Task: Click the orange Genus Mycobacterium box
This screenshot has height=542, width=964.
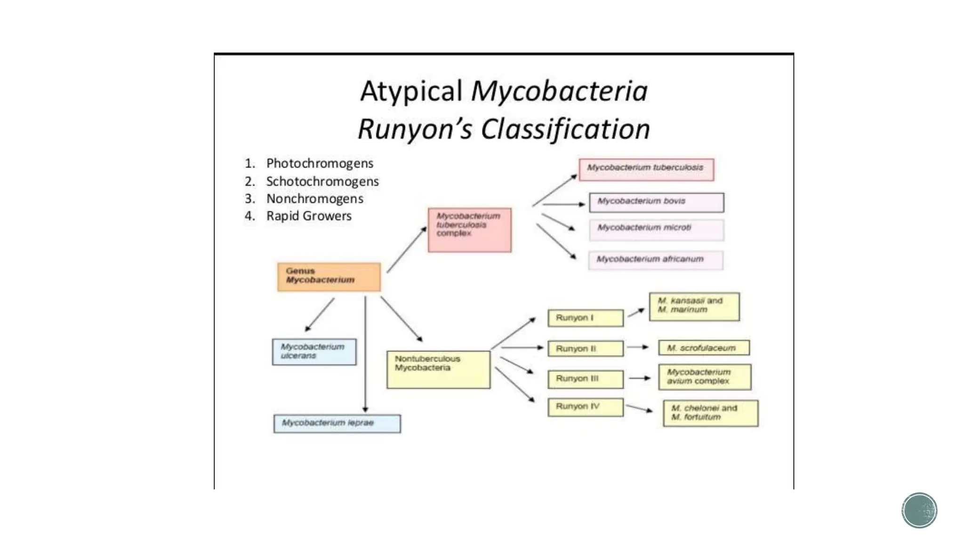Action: click(329, 277)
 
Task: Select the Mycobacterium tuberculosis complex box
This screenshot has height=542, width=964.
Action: click(469, 230)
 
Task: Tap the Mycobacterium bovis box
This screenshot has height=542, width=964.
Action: click(656, 202)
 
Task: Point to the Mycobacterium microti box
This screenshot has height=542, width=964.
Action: click(656, 230)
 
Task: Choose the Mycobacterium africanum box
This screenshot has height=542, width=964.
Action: click(655, 260)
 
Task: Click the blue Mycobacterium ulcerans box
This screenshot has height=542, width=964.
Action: click(314, 351)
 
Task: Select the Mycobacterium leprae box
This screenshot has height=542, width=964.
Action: click(337, 423)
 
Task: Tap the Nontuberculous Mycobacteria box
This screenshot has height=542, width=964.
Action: click(438, 369)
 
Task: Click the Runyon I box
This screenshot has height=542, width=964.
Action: click(585, 318)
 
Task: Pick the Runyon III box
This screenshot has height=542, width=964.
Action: click(585, 379)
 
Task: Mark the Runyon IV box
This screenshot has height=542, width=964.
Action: click(585, 407)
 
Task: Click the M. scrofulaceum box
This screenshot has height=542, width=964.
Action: click(703, 348)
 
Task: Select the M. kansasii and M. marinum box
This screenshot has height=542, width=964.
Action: click(694, 306)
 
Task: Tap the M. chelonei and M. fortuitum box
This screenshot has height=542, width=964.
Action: click(710, 413)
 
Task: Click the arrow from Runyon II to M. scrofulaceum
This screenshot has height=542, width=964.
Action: click(638, 347)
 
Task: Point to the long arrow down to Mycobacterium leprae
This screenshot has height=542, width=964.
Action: click(365, 353)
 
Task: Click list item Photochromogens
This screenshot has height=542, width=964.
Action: click(320, 163)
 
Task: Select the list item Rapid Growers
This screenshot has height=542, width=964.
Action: click(309, 216)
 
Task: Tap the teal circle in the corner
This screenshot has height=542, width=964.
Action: click(919, 510)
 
